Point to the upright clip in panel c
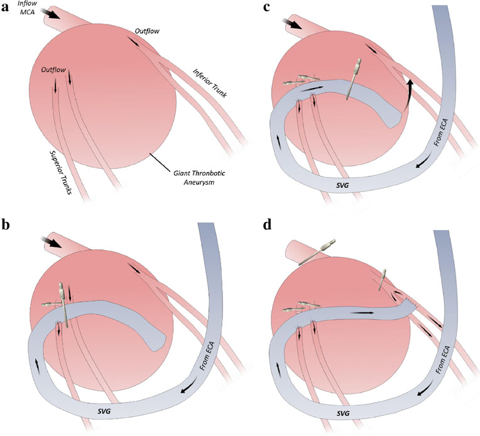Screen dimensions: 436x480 coord(353,79)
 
